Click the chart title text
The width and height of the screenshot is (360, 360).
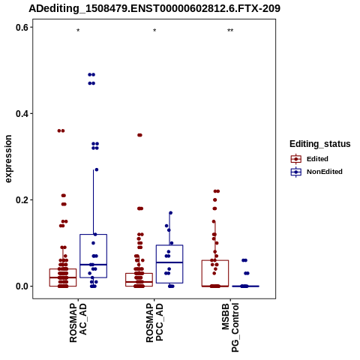pyautogui.click(x=154, y=8)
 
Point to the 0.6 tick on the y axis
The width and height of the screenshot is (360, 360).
pyautogui.click(x=22, y=27)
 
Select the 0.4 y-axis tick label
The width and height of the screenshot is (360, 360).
pyautogui.click(x=22, y=114)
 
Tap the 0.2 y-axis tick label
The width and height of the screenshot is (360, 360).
pyautogui.click(x=22, y=200)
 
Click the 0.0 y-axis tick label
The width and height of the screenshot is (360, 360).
pyautogui.click(x=22, y=286)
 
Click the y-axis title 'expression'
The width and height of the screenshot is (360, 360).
pyautogui.click(x=8, y=159)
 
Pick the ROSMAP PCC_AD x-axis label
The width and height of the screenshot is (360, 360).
pyautogui.click(x=154, y=322)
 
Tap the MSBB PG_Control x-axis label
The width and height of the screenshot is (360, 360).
pyautogui.click(x=230, y=328)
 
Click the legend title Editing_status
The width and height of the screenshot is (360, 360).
pyautogui.click(x=320, y=144)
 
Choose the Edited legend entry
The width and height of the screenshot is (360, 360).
pyautogui.click(x=310, y=159)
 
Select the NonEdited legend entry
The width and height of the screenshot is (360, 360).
pyautogui.click(x=316, y=172)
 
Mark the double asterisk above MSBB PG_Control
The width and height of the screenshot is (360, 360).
pyautogui.click(x=230, y=31)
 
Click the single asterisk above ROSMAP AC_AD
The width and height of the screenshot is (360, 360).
pyautogui.click(x=78, y=31)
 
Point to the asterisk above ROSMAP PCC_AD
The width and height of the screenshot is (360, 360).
pyautogui.click(x=154, y=31)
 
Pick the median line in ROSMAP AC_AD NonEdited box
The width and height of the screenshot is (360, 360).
pyautogui.click(x=94, y=265)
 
